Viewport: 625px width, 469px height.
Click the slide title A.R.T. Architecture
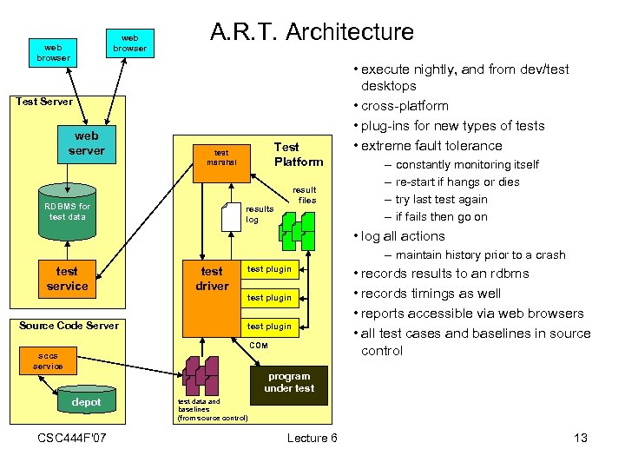[312, 32]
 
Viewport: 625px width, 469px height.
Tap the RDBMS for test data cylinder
[67, 211]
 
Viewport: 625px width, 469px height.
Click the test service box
[67, 279]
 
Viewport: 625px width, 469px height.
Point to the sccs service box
[48, 360]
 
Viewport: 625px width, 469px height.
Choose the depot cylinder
[86, 402]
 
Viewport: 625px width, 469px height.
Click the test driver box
[212, 278]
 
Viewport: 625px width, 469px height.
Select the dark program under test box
[290, 382]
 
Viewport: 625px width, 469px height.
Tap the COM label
[259, 346]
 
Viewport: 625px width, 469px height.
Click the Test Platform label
[298, 155]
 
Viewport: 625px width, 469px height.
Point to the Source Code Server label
[69, 326]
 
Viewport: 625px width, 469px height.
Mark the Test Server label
[43, 102]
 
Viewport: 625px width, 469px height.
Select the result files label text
[304, 195]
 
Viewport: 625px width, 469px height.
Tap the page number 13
[581, 438]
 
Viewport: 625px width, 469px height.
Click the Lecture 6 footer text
[312, 438]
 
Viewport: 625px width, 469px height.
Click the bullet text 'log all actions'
[403, 235]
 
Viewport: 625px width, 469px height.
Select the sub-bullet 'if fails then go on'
[441, 217]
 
